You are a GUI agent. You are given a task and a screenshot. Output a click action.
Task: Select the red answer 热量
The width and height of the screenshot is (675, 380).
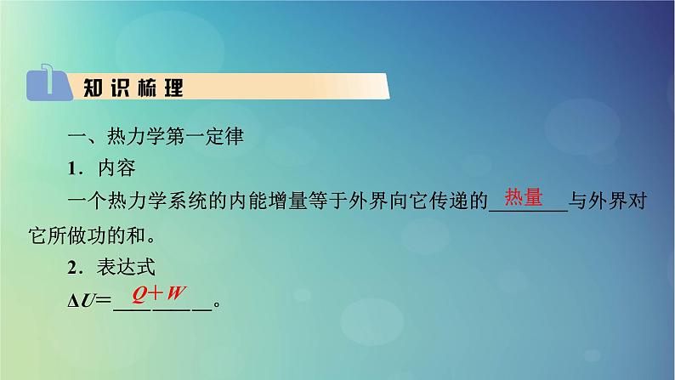[524, 198]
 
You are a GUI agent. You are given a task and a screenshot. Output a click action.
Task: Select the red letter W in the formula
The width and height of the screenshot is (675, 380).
[176, 293]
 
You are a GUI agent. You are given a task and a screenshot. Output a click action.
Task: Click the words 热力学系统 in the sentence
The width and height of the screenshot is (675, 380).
[151, 202]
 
